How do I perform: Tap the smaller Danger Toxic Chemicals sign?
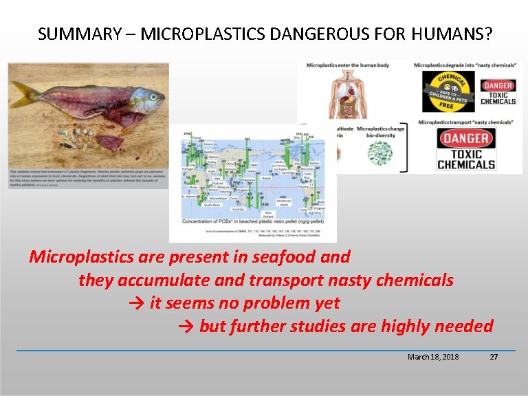(498, 93)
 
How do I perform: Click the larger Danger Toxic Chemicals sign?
(467, 149)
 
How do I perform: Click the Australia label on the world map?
(238, 209)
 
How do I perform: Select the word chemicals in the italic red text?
(418, 280)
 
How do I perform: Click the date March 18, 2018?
(433, 357)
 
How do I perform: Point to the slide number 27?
(493, 357)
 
